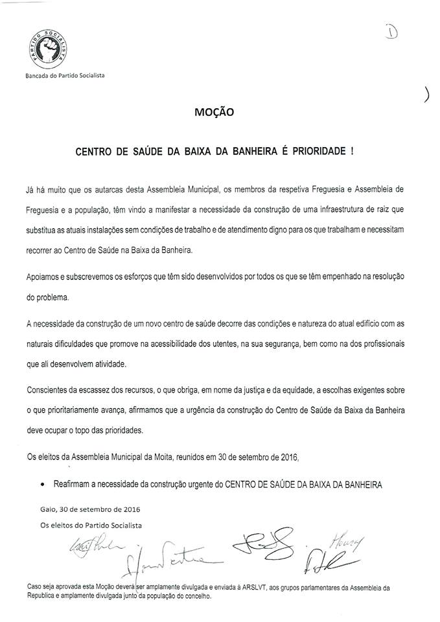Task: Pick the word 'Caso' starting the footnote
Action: point(35,586)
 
